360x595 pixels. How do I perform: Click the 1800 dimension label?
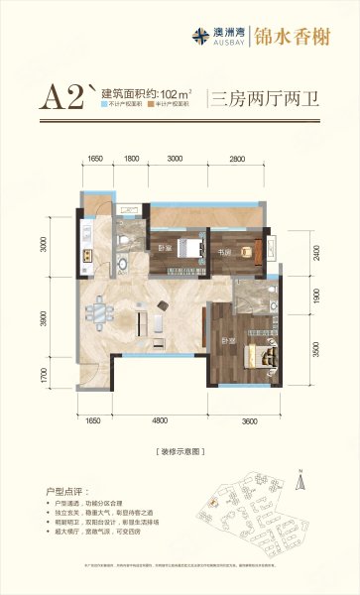click(x=131, y=159)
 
